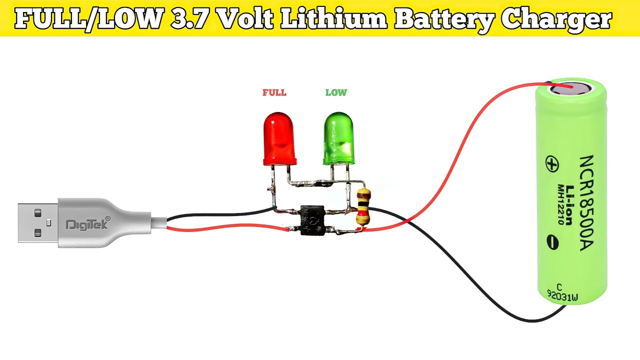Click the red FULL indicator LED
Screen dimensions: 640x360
[x=279, y=139]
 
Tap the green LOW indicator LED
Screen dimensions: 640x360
[x=338, y=138]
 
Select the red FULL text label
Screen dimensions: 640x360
[x=274, y=92]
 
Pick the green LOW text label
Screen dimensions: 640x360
[x=336, y=92]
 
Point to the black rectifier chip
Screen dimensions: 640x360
[x=312, y=220]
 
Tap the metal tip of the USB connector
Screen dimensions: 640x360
[x=38, y=223]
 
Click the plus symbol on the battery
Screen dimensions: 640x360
[x=552, y=163]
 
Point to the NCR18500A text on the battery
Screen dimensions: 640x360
[x=587, y=203]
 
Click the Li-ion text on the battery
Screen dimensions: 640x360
[x=569, y=205]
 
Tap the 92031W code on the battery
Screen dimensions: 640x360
[x=562, y=295]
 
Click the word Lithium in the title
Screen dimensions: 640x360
[x=333, y=19]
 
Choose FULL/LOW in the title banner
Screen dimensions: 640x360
[x=89, y=18]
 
